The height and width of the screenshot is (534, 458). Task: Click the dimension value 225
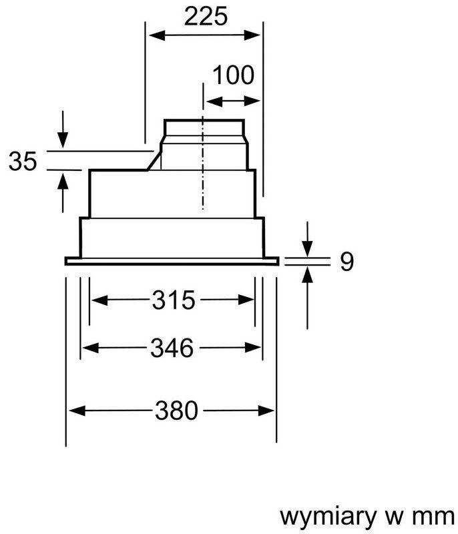pyautogui.click(x=206, y=16)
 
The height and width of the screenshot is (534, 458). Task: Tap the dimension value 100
pyautogui.click(x=234, y=75)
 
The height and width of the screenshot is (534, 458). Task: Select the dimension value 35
pyautogui.click(x=23, y=161)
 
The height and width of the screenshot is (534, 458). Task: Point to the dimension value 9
pyautogui.click(x=347, y=262)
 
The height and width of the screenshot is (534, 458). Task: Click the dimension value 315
pyautogui.click(x=174, y=300)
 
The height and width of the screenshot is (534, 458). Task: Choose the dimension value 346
pyautogui.click(x=172, y=348)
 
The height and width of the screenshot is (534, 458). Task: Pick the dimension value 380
pyautogui.click(x=176, y=411)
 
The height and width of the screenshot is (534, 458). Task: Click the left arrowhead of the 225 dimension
pyautogui.click(x=157, y=35)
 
